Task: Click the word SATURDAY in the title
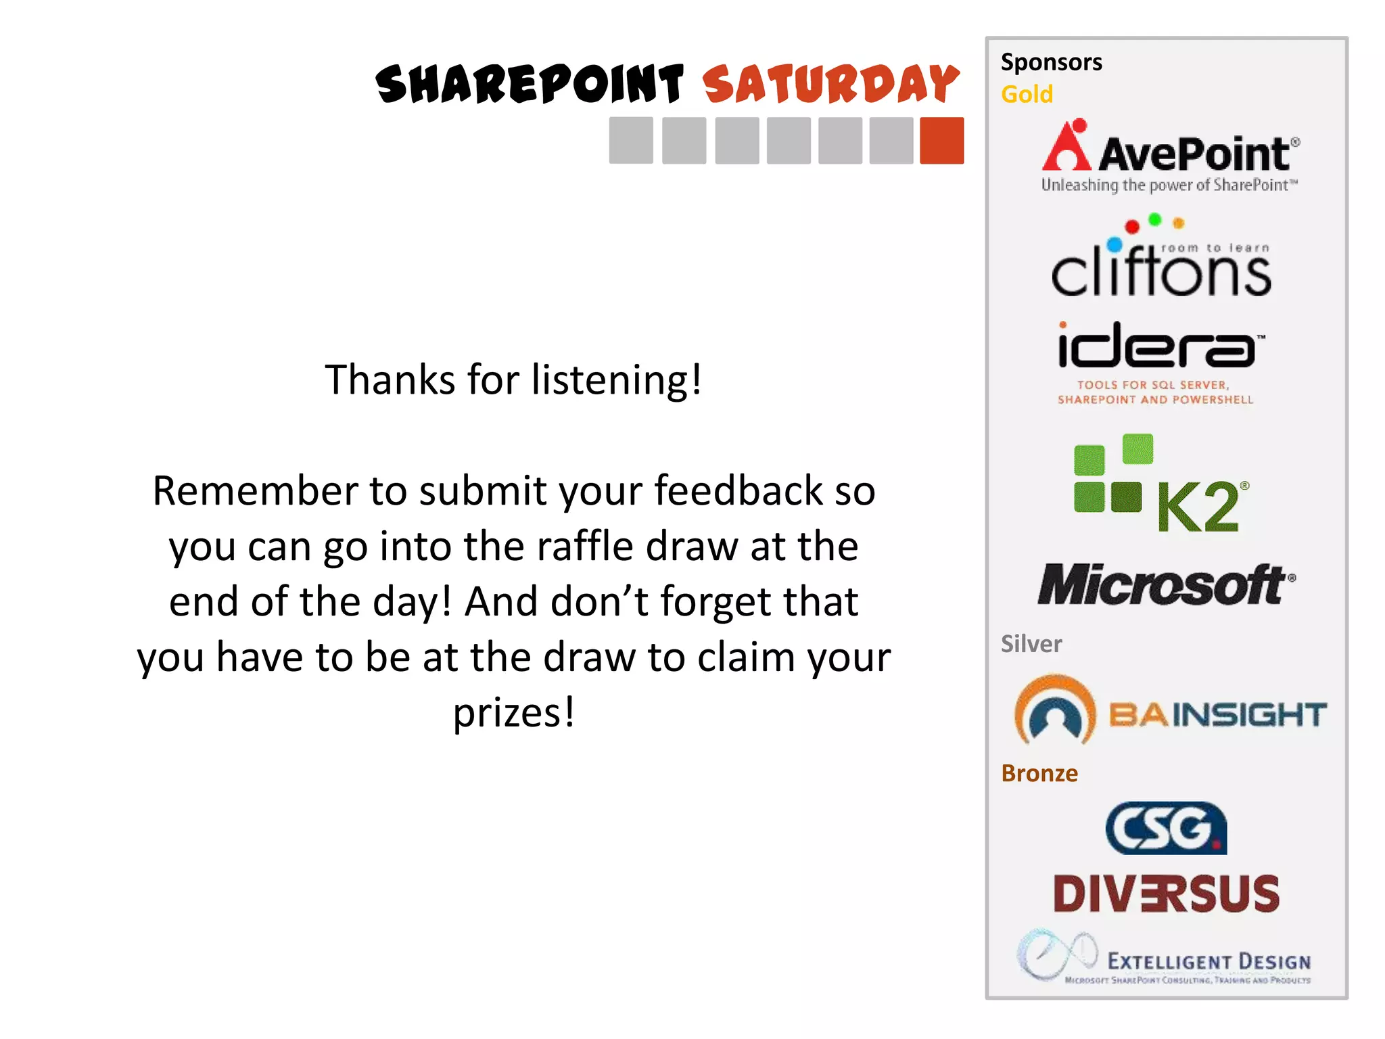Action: pyautogui.click(x=831, y=85)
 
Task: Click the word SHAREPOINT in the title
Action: pyautogui.click(x=530, y=85)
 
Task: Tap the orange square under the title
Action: pyautogui.click(x=941, y=141)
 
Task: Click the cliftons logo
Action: pyautogui.click(x=1161, y=260)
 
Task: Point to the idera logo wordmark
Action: pyautogui.click(x=1158, y=346)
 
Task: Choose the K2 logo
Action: pyautogui.click(x=1161, y=483)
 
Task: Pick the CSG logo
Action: pyautogui.click(x=1166, y=829)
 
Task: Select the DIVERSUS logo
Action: pyautogui.click(x=1167, y=894)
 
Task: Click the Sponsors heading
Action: pyautogui.click(x=1052, y=62)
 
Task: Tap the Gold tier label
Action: pyautogui.click(x=1027, y=94)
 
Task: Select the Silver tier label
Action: pyautogui.click(x=1031, y=644)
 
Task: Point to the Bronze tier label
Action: pyautogui.click(x=1039, y=773)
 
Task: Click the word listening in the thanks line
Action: pyautogui.click(x=609, y=380)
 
